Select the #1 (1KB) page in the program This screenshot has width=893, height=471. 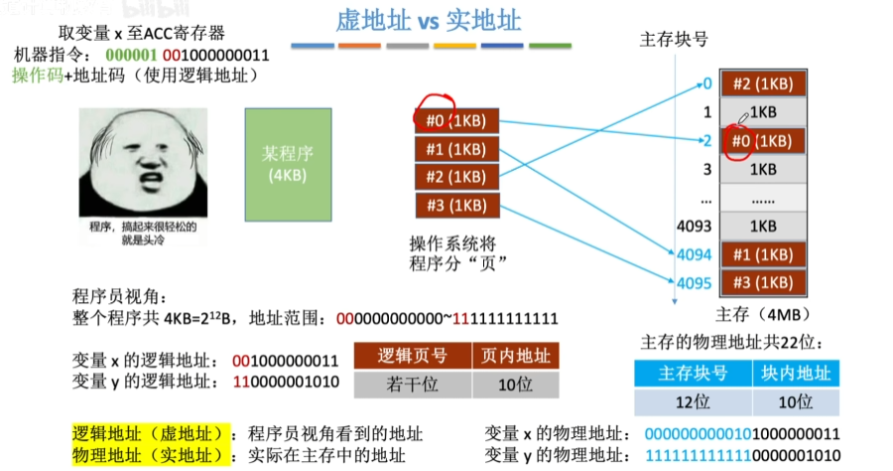[x=457, y=150]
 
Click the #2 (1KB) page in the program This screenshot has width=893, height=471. [x=457, y=178]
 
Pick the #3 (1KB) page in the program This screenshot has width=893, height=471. [x=457, y=206]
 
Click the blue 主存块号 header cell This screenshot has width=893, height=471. [x=693, y=374]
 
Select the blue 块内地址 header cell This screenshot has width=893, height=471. [x=796, y=374]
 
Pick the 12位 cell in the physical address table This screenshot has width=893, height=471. [x=693, y=400]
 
